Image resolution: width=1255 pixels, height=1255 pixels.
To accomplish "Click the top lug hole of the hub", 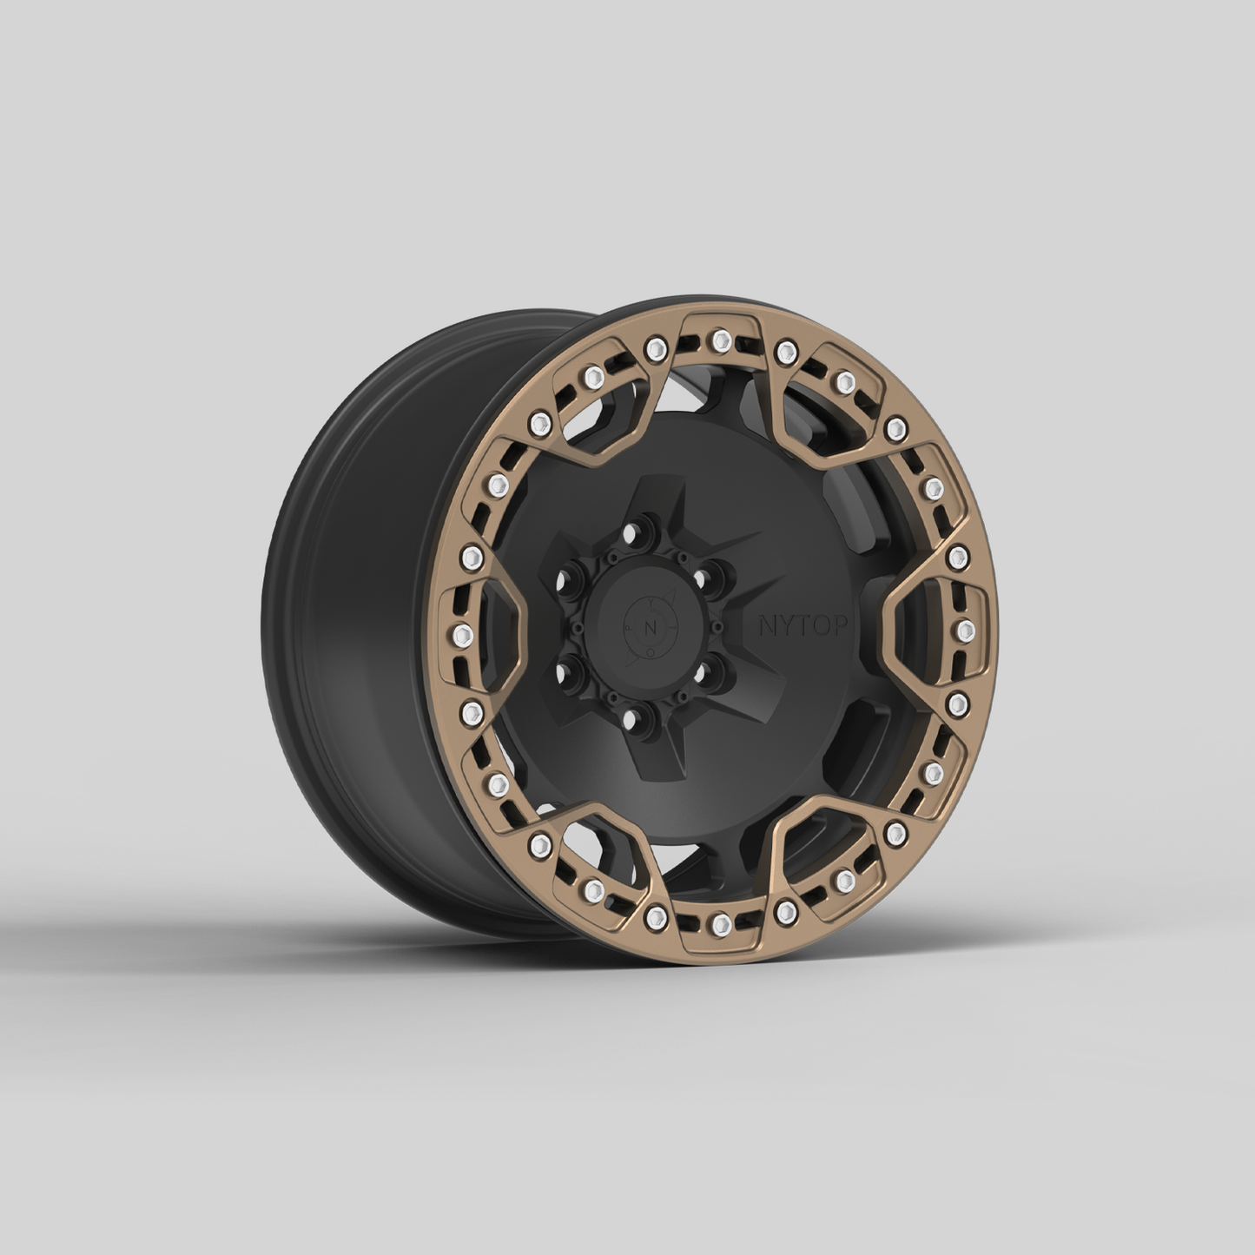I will pyautogui.click(x=641, y=526).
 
